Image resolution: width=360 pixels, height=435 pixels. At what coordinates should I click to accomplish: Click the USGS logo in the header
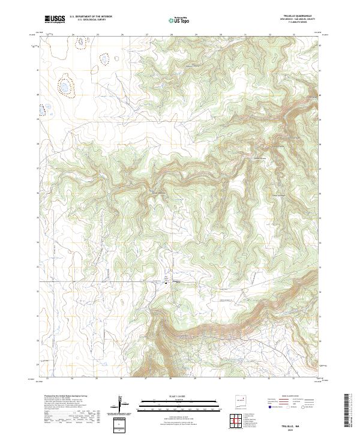55,20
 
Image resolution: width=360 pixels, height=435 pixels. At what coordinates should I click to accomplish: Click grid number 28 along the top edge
172,34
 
